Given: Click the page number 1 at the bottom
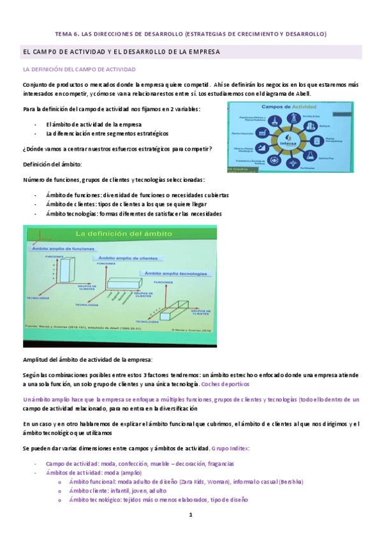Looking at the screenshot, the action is pos(190,514).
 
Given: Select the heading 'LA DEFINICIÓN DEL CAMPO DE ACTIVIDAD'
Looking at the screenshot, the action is pos(78,68).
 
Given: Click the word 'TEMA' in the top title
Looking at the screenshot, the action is pos(65,33).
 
